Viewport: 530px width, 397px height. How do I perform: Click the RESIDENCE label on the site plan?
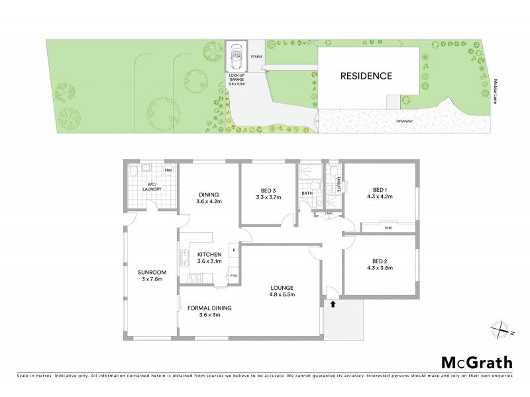(366, 75)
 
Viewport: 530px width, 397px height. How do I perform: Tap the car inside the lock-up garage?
(236, 59)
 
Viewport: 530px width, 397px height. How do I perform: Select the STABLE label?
(256, 58)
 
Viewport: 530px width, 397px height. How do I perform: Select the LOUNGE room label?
(282, 287)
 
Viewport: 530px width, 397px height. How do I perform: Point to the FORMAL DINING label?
(208, 307)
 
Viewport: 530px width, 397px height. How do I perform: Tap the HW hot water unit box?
(168, 171)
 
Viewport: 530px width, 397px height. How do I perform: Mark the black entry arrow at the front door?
(333, 304)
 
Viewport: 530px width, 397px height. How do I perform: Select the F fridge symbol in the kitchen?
(233, 249)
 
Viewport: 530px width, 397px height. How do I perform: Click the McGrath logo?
(476, 362)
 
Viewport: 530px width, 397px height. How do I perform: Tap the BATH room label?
(307, 194)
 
